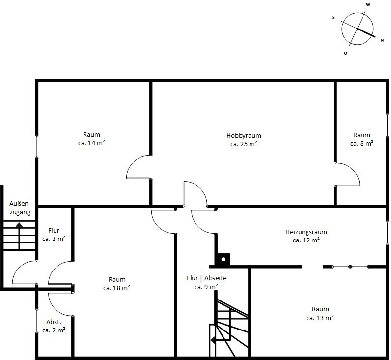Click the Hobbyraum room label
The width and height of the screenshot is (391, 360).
(244, 136)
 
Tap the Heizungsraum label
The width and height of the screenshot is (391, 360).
(306, 232)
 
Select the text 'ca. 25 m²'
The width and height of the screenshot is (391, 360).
(244, 144)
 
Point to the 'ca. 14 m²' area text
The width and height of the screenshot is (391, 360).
(91, 143)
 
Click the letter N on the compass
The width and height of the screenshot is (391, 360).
(382, 40)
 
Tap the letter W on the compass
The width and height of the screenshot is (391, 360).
(368, 5)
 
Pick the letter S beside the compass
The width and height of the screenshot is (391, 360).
(333, 18)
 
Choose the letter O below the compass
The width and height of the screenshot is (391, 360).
(345, 53)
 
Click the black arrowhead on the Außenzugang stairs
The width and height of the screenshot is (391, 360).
(19, 224)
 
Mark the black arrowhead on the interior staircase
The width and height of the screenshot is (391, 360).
(213, 340)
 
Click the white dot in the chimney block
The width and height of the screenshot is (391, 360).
(223, 259)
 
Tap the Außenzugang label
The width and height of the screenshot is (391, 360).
(20, 208)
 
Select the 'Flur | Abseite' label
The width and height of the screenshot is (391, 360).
(206, 278)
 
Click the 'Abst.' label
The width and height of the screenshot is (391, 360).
(54, 322)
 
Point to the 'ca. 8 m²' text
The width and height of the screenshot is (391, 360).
(362, 144)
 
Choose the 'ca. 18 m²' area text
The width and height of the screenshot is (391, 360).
(116, 288)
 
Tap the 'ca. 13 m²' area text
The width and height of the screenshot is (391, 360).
(320, 318)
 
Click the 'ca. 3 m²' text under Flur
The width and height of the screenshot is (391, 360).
(54, 239)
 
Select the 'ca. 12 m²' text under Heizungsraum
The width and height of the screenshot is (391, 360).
(306, 240)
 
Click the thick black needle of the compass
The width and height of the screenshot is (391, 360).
(366, 33)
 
